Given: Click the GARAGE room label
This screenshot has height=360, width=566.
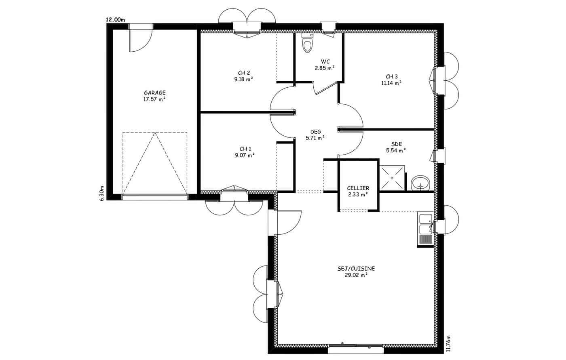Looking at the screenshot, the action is click(154, 93).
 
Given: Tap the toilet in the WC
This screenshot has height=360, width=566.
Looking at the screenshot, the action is click(307, 43).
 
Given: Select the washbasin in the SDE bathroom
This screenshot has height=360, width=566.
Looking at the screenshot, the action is click(420, 183).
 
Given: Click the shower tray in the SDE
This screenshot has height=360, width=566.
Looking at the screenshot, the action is click(392, 178).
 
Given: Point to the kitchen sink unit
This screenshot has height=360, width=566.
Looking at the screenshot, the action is click(425, 229).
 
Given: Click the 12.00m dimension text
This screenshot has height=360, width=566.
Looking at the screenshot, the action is click(115, 20).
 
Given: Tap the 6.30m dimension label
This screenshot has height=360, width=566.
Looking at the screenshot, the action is click(101, 193).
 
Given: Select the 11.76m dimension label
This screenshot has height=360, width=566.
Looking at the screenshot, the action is click(448, 343).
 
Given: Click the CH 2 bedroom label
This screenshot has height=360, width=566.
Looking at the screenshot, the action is click(244, 73).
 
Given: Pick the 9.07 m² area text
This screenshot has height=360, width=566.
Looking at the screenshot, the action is click(244, 155).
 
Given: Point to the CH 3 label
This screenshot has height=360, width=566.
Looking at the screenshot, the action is click(392, 76).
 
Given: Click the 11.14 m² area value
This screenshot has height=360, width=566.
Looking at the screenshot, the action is click(391, 83).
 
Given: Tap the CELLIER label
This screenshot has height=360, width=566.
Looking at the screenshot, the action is click(358, 188).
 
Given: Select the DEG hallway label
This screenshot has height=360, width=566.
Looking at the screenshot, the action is click(316, 132).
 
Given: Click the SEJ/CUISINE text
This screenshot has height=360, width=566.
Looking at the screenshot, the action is click(356, 269).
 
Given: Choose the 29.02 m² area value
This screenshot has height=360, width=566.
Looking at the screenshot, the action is click(356, 275).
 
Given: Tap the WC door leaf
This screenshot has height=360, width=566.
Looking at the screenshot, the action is click(327, 88).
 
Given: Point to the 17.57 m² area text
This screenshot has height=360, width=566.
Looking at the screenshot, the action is click(154, 99).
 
